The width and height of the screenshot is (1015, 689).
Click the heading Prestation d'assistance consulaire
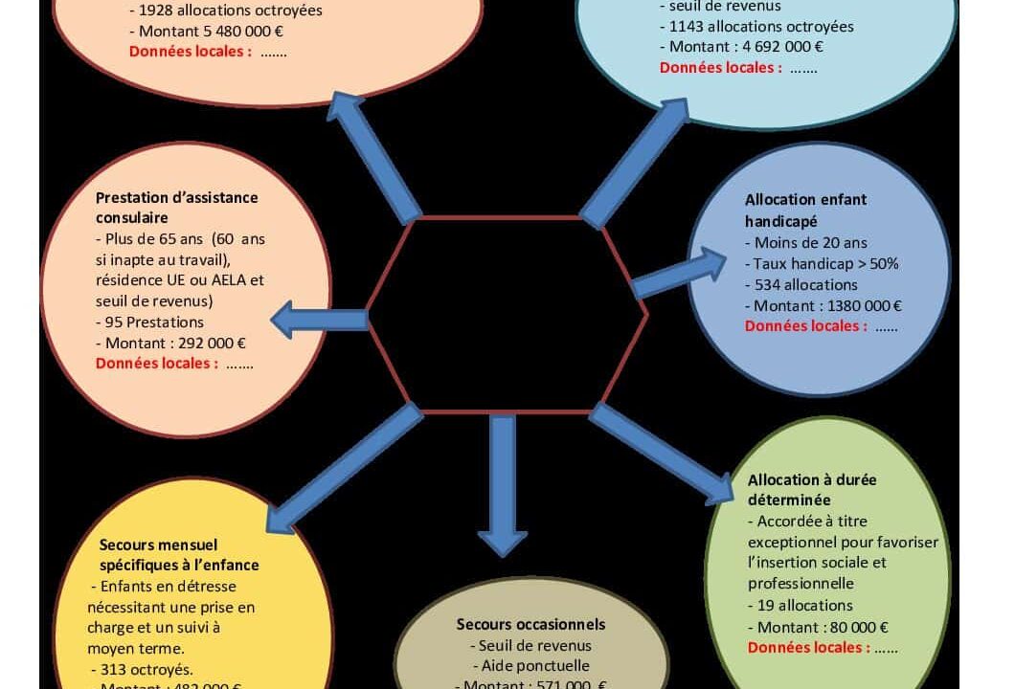pyautogui.click(x=177, y=208)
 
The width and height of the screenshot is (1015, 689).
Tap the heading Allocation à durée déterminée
pyautogui.click(x=812, y=489)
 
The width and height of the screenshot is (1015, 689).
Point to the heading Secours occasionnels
pyautogui.click(x=530, y=624)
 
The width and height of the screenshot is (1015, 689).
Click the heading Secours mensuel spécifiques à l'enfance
pyautogui.click(x=179, y=554)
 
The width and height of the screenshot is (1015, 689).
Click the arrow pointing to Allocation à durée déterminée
pyautogui.click(x=662, y=454)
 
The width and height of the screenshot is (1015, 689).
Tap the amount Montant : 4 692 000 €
pyautogui.click(x=741, y=47)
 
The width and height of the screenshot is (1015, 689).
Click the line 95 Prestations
pyautogui.click(x=149, y=322)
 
